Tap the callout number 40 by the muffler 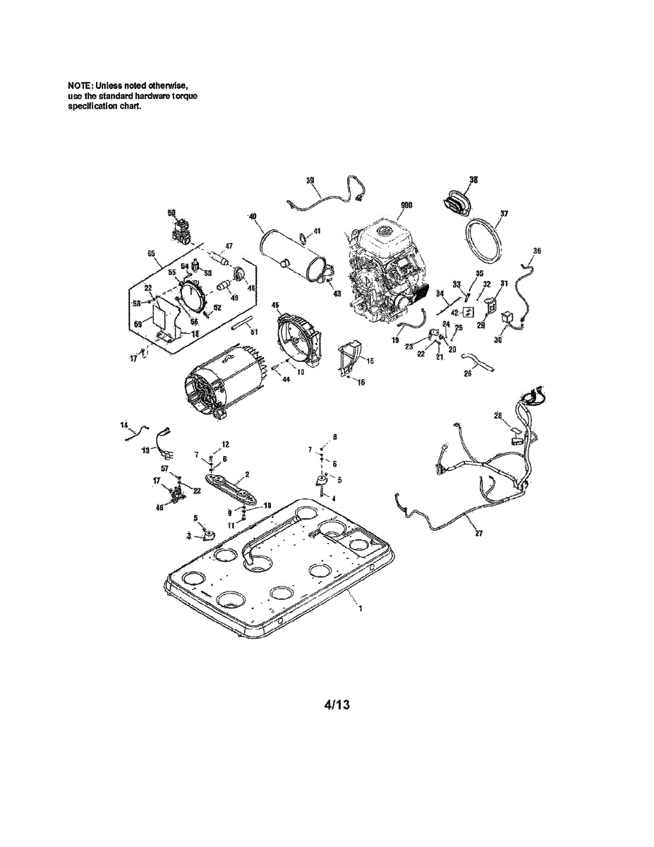[252, 217]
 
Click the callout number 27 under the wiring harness [479, 533]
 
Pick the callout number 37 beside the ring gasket [504, 212]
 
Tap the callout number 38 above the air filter [473, 180]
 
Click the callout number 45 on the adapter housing [275, 305]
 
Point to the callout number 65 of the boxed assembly [150, 253]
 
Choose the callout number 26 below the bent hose [467, 374]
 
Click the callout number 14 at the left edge [123, 425]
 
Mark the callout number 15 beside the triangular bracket [370, 360]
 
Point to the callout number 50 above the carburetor [171, 212]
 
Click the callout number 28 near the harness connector [498, 416]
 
